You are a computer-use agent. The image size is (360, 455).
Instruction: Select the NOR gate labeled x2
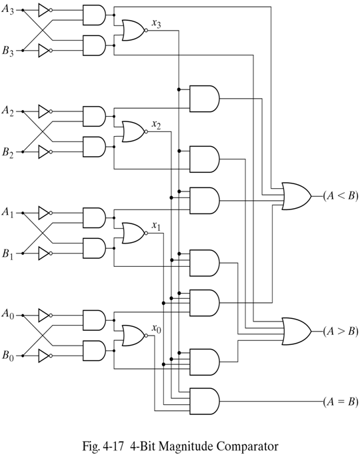point(133,131)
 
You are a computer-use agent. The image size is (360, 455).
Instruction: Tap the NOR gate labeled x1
point(133,233)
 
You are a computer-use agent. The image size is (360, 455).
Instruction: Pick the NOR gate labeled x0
point(133,334)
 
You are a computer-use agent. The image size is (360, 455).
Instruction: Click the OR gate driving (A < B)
point(296,195)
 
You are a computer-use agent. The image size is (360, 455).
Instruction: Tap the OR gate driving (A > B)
point(296,330)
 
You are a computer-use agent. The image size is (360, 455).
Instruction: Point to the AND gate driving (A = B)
point(205,400)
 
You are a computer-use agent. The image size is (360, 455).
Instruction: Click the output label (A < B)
point(340,195)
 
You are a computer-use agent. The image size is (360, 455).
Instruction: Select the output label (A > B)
point(340,330)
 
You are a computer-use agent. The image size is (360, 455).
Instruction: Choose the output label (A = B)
point(340,401)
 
